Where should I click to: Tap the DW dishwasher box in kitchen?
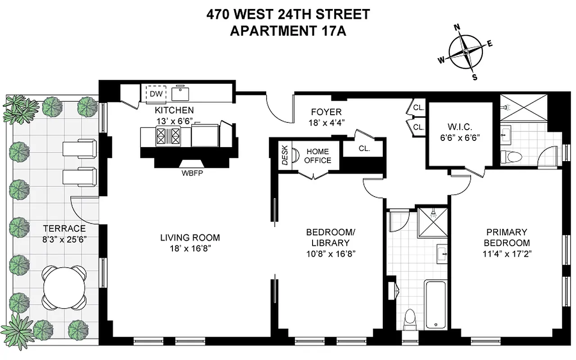point(156,94)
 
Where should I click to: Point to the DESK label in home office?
point(285,157)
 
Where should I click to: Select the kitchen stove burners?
point(167,135)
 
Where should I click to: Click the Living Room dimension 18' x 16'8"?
point(190,248)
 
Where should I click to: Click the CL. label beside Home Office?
point(364,148)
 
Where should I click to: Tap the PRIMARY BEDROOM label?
point(506,238)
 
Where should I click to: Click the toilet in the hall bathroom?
point(410,319)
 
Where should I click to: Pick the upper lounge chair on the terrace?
point(79,147)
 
